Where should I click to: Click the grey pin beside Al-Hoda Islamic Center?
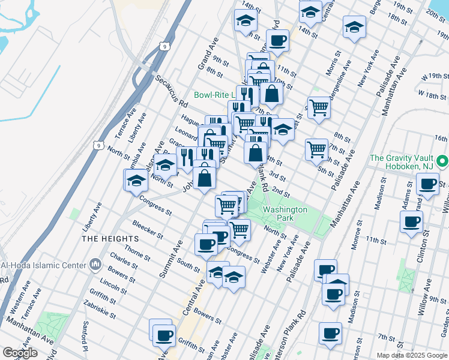point(95,264)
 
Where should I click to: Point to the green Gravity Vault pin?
point(442,161)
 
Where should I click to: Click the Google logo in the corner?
point(20,353)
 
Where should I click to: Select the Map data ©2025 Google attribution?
point(412,355)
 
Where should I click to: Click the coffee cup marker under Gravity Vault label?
point(428,184)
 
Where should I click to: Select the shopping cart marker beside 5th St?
point(316,149)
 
